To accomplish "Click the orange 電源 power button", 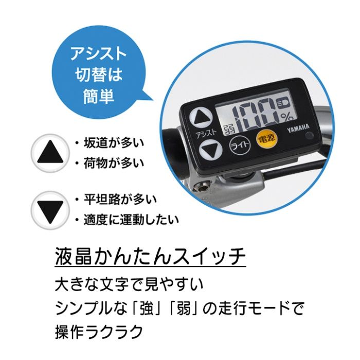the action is tap(266, 138).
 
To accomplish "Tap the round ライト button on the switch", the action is tap(240, 146).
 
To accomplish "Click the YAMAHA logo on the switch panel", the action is tap(298, 129).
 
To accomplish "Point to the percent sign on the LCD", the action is tap(287, 118).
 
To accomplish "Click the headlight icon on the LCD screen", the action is tap(283, 102).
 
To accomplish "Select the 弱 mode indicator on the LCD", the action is tap(229, 131).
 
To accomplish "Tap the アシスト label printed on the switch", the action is tap(206, 133).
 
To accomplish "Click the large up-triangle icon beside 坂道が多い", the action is tap(50, 153).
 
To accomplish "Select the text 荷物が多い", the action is tap(114, 164).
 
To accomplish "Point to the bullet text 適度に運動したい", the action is tap(131, 220).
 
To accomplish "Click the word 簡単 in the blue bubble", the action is tap(99, 96).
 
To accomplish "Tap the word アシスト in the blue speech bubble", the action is tap(99, 54).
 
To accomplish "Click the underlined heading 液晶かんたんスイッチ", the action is tap(150, 257).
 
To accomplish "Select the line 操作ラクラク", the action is tap(99, 332).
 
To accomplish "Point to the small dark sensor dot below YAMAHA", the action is tap(309, 136).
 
